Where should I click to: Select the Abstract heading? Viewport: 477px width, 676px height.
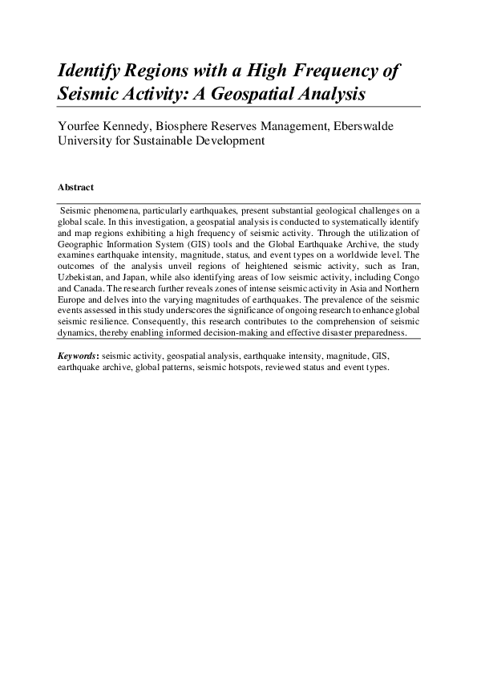tap(75, 187)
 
